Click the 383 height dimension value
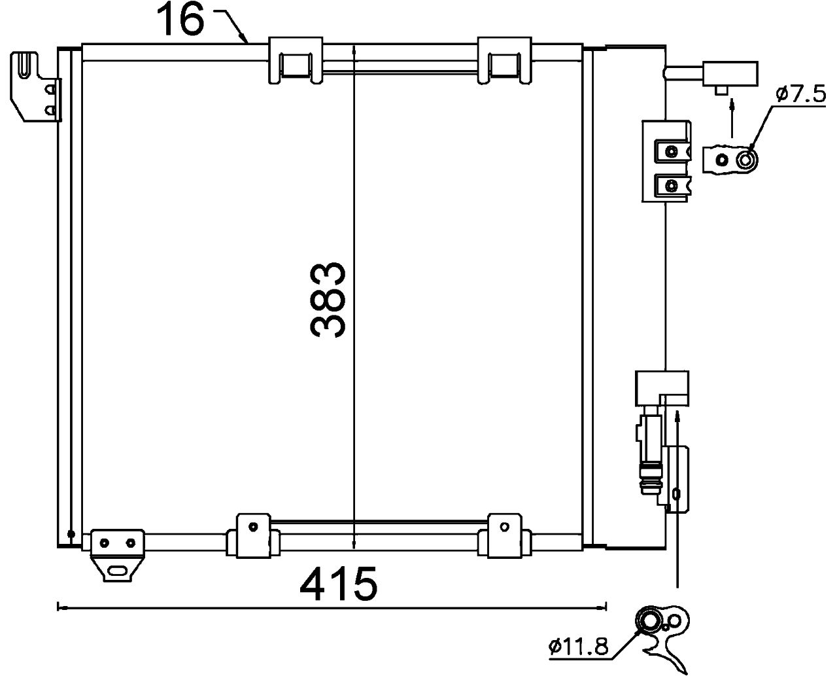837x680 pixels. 329,300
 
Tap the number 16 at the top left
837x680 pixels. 180,21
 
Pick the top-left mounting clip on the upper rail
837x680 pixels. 296,60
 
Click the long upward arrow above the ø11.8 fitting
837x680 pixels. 678,497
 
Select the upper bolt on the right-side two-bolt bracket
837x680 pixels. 670,152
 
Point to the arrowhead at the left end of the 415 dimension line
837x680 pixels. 60,607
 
